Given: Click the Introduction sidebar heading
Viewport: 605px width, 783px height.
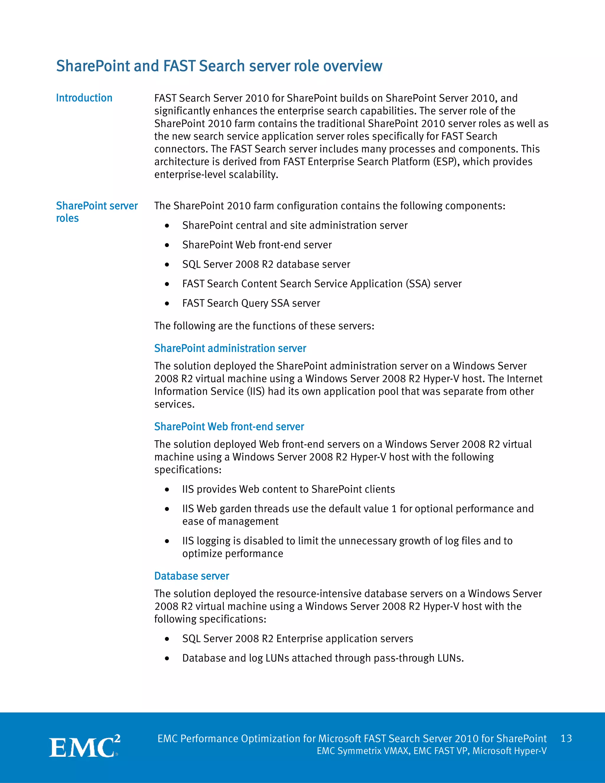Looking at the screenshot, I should (84, 98).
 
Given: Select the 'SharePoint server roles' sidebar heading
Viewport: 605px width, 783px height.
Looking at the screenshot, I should (97, 212).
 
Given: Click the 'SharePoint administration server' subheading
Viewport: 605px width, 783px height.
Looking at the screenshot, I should (230, 348).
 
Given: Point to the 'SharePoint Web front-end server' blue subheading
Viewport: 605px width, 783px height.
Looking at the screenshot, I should (229, 426).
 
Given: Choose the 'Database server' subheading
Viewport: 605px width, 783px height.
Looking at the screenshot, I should (192, 576).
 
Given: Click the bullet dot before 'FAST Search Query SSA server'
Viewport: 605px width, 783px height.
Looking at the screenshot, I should (167, 304).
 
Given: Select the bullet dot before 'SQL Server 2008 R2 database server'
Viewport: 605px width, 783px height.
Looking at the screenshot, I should (167, 264).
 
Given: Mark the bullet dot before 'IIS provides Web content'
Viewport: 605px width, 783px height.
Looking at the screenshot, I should (167, 490).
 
